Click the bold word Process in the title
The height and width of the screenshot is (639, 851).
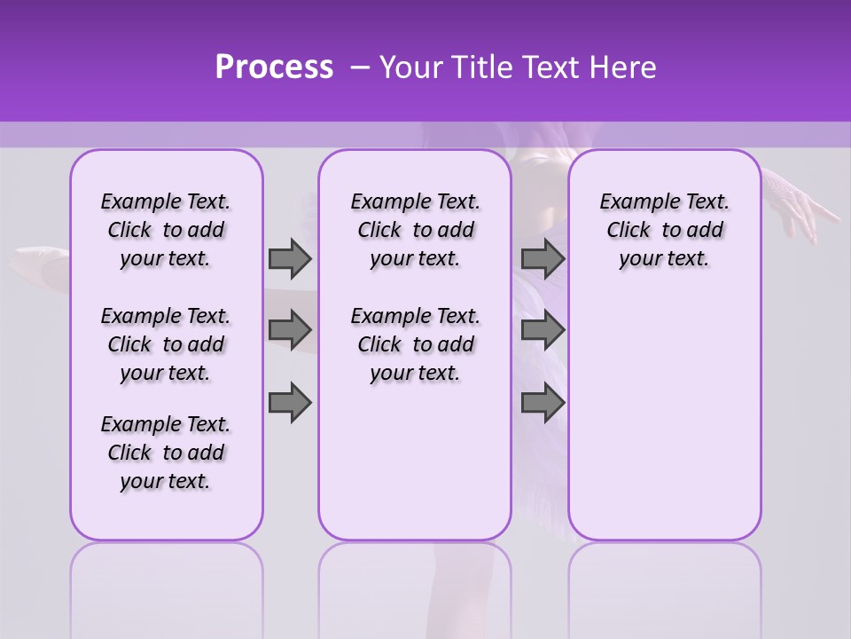click(x=274, y=67)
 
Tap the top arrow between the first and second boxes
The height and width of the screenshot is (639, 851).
click(x=290, y=258)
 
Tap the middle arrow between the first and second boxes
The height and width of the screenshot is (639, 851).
click(x=290, y=330)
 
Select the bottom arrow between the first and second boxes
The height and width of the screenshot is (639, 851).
click(x=290, y=403)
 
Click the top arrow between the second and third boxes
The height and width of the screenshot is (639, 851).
click(x=543, y=258)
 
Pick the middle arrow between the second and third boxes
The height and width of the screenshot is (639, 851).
click(x=543, y=330)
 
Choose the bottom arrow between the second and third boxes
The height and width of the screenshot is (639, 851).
click(x=543, y=403)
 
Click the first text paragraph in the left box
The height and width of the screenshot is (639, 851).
click(x=166, y=230)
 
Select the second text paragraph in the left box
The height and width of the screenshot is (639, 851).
click(x=166, y=344)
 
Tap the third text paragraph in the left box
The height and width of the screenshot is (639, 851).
click(x=166, y=453)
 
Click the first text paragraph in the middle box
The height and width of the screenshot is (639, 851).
click(x=415, y=230)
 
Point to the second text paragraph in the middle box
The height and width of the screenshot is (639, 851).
click(x=415, y=344)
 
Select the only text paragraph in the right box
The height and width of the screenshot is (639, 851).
click(x=664, y=230)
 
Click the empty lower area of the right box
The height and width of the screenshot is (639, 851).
click(x=664, y=426)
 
